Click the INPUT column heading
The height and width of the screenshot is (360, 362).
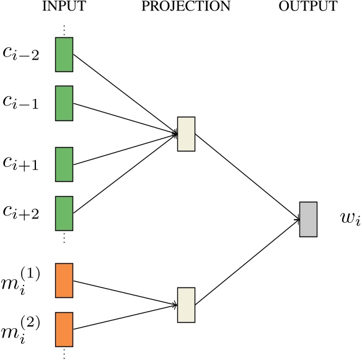click(x=64, y=7)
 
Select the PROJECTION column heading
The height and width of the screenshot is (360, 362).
click(x=185, y=7)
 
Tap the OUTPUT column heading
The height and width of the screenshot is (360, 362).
click(x=307, y=7)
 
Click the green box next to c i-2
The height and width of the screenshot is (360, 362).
click(x=64, y=54)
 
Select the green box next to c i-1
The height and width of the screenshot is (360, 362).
click(x=64, y=103)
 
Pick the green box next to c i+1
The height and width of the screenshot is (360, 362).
click(x=64, y=164)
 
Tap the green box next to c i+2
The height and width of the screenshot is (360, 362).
click(x=64, y=213)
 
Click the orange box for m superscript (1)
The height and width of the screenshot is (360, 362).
click(x=64, y=281)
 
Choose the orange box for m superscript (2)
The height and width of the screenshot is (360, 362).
click(x=64, y=330)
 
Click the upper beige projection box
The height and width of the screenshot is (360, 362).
click(x=186, y=133)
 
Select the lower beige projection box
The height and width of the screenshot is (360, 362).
click(x=186, y=304)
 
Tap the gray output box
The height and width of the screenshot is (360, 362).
click(x=308, y=219)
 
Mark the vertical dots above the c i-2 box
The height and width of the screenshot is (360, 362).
click(x=64, y=29)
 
